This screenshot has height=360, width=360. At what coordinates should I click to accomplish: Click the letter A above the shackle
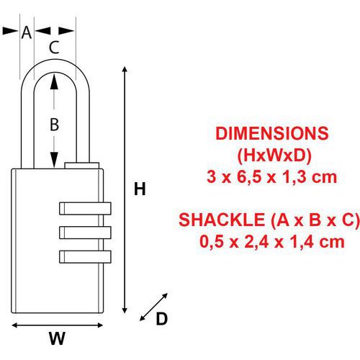[27, 32]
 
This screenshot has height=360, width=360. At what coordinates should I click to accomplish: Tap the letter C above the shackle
[54, 48]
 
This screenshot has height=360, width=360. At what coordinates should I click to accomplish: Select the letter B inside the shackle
[54, 125]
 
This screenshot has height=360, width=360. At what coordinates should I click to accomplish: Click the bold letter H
[140, 189]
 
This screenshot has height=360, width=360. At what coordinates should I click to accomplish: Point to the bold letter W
[57, 338]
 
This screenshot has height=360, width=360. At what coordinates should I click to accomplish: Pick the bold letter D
[162, 319]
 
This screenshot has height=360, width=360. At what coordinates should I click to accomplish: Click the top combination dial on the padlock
[85, 208]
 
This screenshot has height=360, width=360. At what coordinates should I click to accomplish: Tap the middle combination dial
[85, 233]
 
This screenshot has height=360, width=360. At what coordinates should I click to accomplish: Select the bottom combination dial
[85, 256]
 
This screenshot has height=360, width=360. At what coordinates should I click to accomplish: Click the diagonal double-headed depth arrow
[153, 307]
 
